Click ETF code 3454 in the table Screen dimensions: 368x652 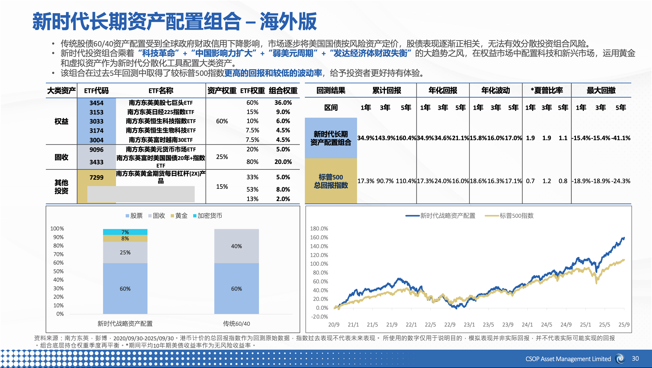point(96,103)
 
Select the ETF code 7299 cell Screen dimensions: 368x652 point(96,177)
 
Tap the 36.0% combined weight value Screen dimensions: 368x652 point(283,103)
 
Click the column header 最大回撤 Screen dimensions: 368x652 point(601,90)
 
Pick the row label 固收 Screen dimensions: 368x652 point(61,157)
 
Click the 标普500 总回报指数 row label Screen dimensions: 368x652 point(331,181)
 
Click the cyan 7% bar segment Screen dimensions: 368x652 point(125,232)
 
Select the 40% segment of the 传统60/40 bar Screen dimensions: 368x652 point(236,246)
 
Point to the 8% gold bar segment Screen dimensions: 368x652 point(125,238)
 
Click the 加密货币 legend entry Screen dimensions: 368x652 point(208,216)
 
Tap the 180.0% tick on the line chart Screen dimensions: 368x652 point(319,229)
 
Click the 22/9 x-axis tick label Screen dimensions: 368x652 point(450,325)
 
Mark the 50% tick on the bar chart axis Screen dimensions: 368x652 point(58,271)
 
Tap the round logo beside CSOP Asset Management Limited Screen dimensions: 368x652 point(620,359)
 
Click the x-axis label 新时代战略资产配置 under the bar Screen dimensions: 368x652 point(125,324)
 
